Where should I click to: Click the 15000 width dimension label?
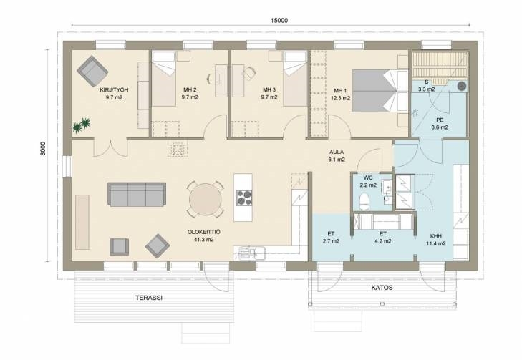[279, 21]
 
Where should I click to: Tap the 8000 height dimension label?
[43, 150]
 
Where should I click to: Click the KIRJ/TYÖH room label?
[114, 90]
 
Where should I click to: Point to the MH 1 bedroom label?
[340, 90]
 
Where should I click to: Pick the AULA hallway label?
[337, 152]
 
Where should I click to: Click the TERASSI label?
[149, 298]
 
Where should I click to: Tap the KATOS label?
[382, 288]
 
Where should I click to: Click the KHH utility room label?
[436, 236]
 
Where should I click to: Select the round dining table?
[205, 200]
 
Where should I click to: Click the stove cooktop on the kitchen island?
[245, 198]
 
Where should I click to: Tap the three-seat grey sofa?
[137, 194]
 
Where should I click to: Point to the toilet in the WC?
[364, 201]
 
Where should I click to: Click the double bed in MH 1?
[380, 90]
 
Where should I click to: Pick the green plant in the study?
[81, 125]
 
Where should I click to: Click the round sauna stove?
[461, 86]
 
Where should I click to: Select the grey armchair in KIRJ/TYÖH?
[92, 71]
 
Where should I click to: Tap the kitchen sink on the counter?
[250, 253]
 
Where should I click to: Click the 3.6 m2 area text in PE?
[440, 127]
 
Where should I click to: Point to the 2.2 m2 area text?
[368, 185]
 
